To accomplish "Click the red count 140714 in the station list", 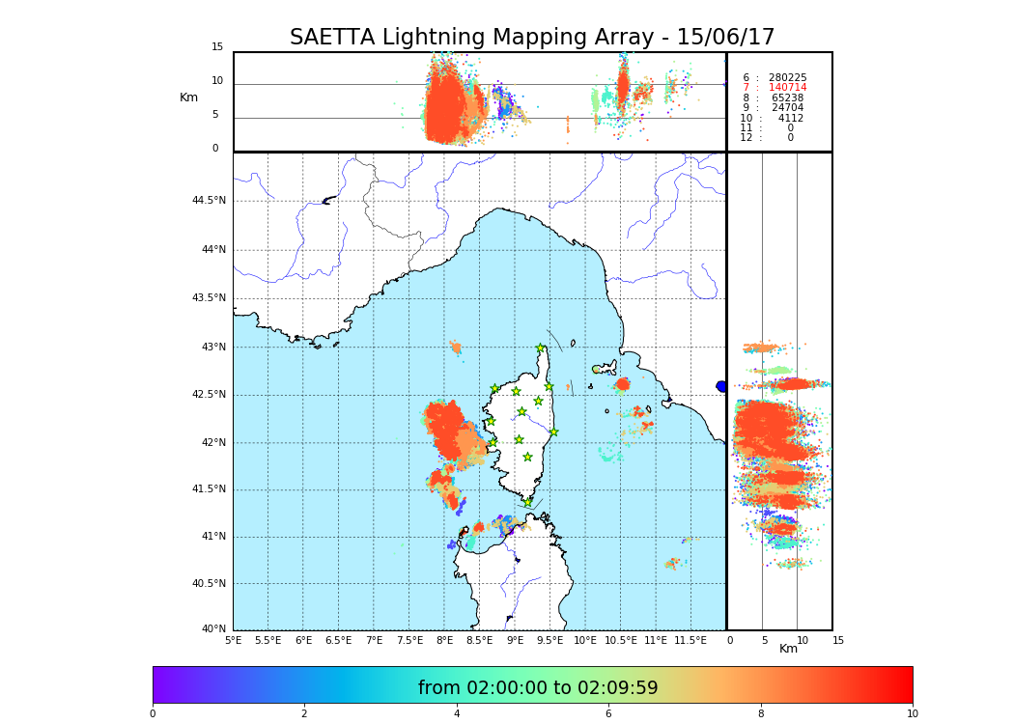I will (787, 88).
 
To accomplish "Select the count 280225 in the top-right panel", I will (787, 77).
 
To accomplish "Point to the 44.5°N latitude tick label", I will (209, 201).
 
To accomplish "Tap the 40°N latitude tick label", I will (213, 629).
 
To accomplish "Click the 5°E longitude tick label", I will (233, 640).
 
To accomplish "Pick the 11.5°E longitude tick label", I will (690, 640).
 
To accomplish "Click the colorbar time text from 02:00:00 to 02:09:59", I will (538, 688).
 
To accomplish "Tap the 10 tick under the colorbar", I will (912, 713).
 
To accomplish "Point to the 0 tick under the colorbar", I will (153, 713).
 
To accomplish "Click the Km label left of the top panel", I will (188, 97).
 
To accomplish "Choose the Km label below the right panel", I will (788, 649).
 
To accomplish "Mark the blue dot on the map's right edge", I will (721, 386).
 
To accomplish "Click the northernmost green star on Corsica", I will (541, 348).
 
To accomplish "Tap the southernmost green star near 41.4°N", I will (527, 502).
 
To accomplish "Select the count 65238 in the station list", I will (787, 97).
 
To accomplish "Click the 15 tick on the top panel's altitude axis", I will (217, 47).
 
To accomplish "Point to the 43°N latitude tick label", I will (211, 348).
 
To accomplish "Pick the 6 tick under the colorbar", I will (608, 713).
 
